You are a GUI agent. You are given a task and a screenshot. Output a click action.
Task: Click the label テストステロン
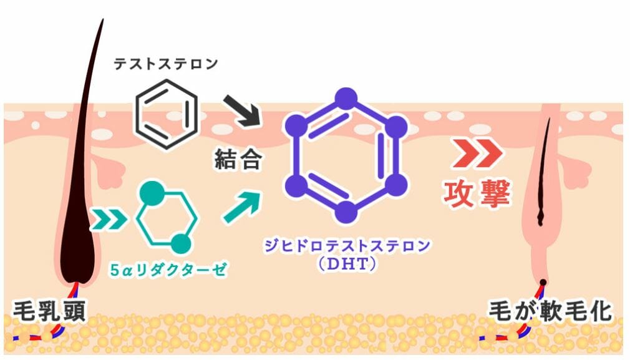(165, 64)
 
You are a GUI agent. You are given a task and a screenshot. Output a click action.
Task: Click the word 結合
(238, 158)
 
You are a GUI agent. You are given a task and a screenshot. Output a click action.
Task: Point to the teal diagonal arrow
(241, 207)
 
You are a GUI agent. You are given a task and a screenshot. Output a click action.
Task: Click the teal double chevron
(109, 220)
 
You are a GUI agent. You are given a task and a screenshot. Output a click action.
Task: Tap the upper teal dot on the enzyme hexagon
(152, 193)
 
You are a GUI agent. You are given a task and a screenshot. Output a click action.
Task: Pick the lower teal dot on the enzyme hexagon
(181, 244)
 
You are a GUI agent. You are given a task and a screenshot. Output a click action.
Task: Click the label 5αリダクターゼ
(169, 270)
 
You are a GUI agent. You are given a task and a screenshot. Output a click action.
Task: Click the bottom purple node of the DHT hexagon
(346, 212)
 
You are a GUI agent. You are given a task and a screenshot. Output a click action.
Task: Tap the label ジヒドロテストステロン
(347, 245)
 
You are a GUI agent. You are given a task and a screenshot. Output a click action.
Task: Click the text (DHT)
(347, 264)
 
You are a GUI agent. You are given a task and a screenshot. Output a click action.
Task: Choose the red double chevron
(478, 153)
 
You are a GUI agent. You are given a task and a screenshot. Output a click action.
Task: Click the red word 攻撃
(477, 193)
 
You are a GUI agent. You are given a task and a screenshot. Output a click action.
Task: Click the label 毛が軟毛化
(550, 311)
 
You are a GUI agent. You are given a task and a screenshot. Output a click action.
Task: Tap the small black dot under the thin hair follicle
(543, 282)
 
